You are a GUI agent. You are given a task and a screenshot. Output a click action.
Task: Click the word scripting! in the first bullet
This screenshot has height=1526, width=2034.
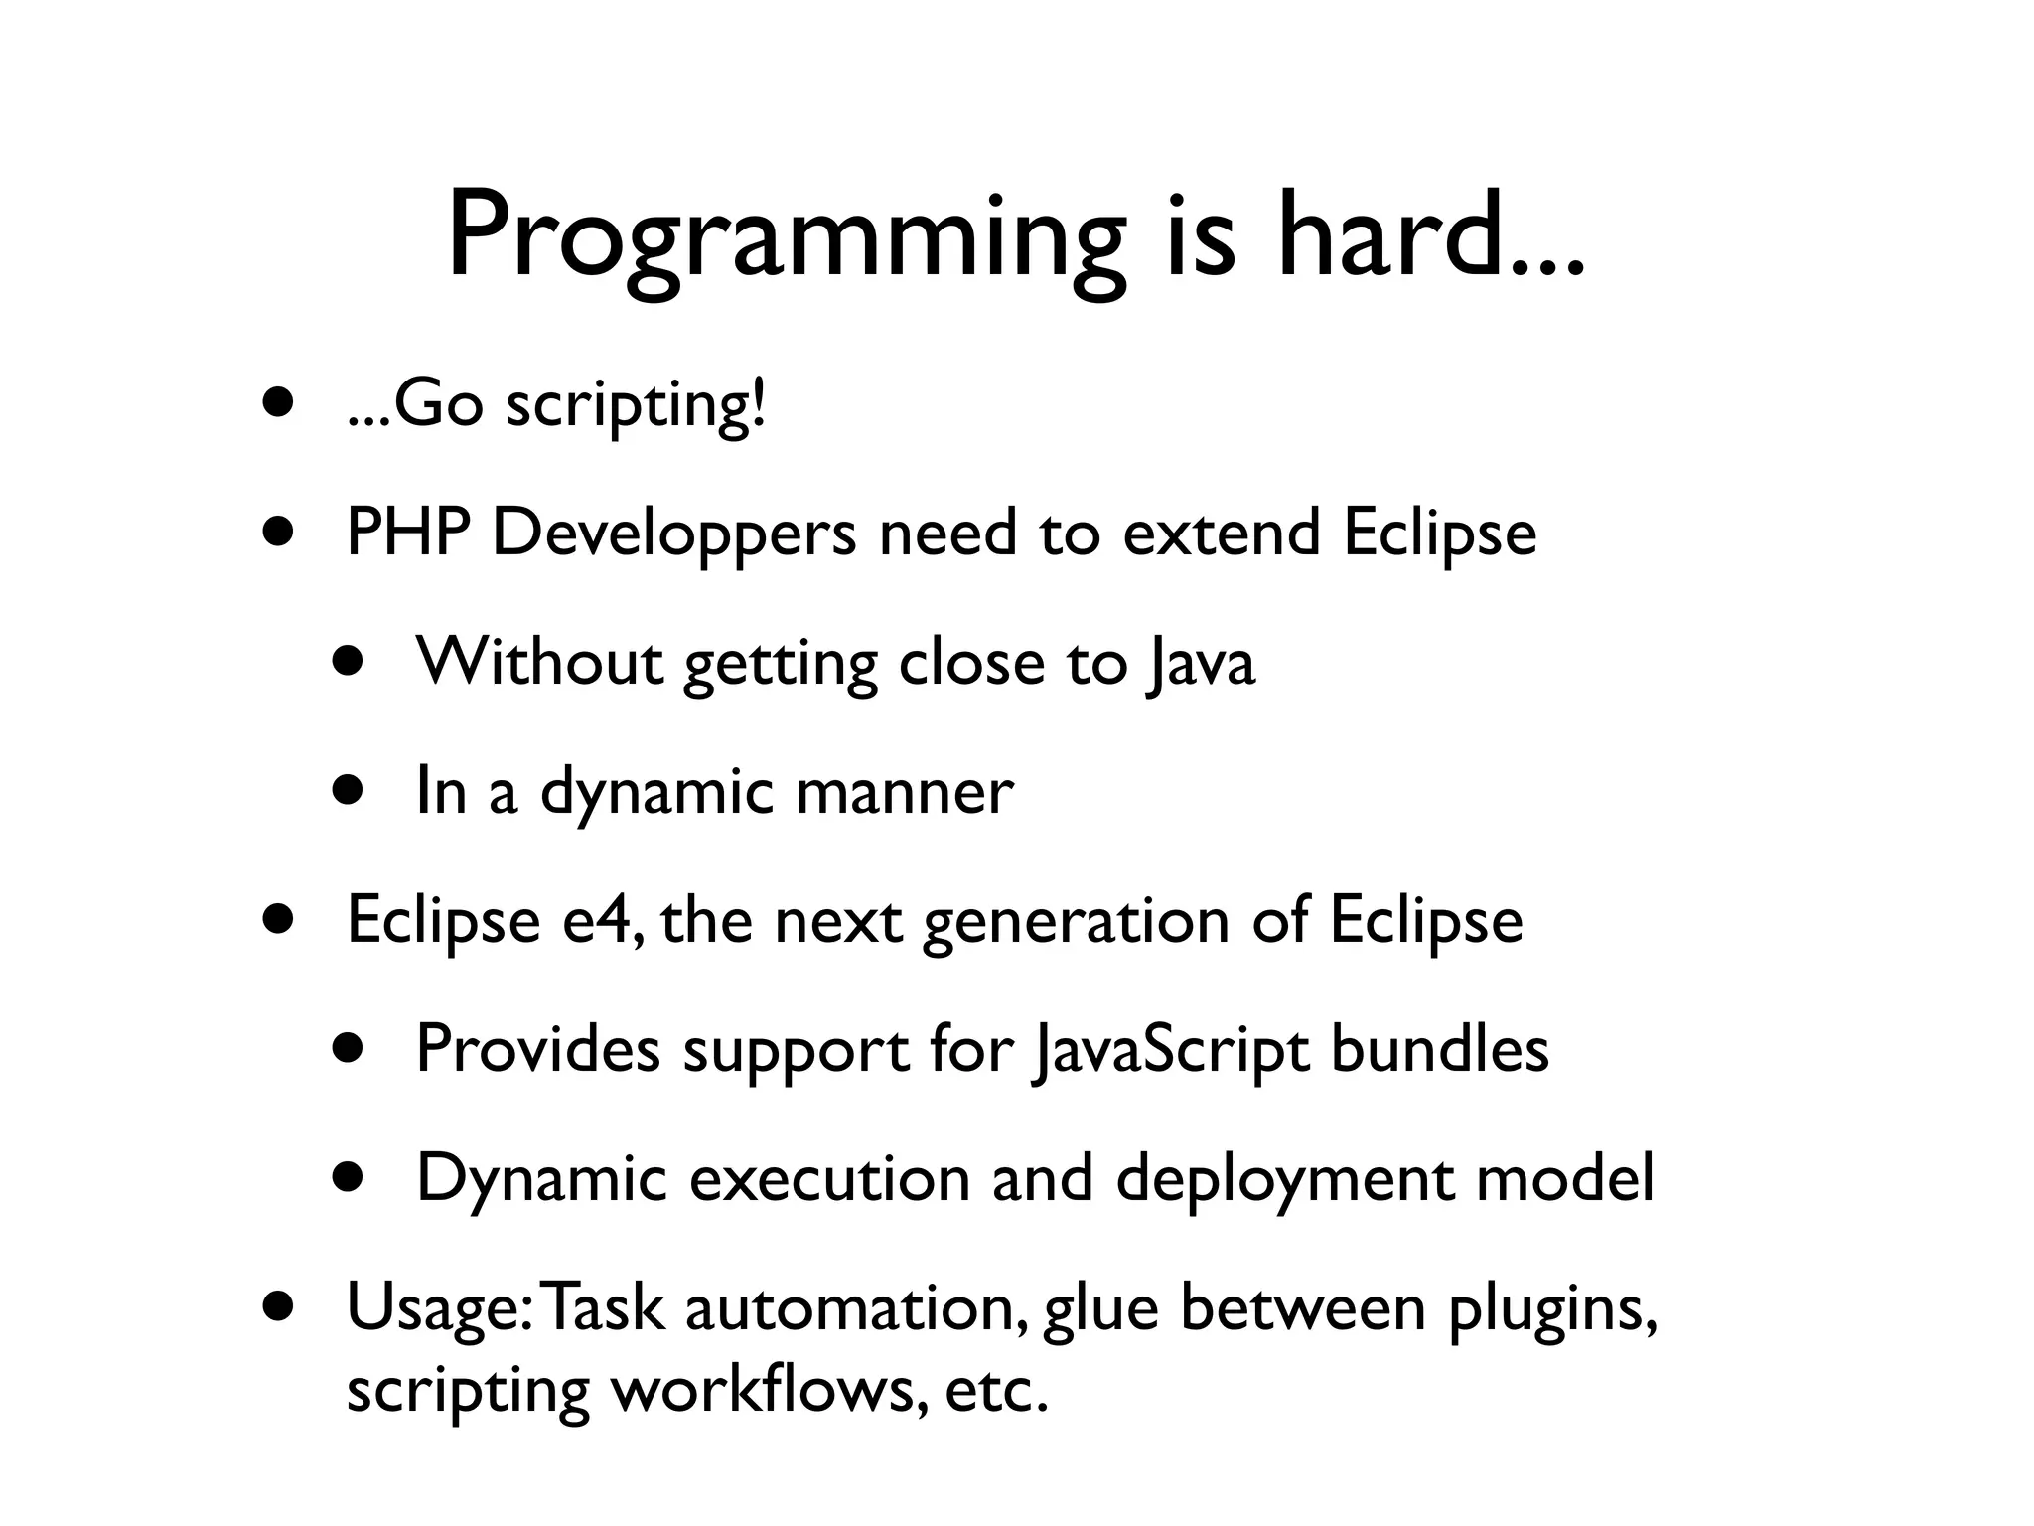click(636, 406)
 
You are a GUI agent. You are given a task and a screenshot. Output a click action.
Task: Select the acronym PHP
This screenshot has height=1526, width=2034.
click(407, 533)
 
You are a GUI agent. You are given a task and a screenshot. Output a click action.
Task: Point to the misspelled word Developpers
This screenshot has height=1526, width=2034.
click(673, 534)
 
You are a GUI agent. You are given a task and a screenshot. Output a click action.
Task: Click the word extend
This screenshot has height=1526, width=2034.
click(1221, 533)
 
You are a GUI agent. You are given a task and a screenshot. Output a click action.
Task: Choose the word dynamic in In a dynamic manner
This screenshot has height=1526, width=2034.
click(656, 793)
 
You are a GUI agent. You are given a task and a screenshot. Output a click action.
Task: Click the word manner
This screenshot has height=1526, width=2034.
click(905, 793)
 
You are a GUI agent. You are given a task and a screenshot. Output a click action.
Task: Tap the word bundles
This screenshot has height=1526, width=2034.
click(1439, 1049)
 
